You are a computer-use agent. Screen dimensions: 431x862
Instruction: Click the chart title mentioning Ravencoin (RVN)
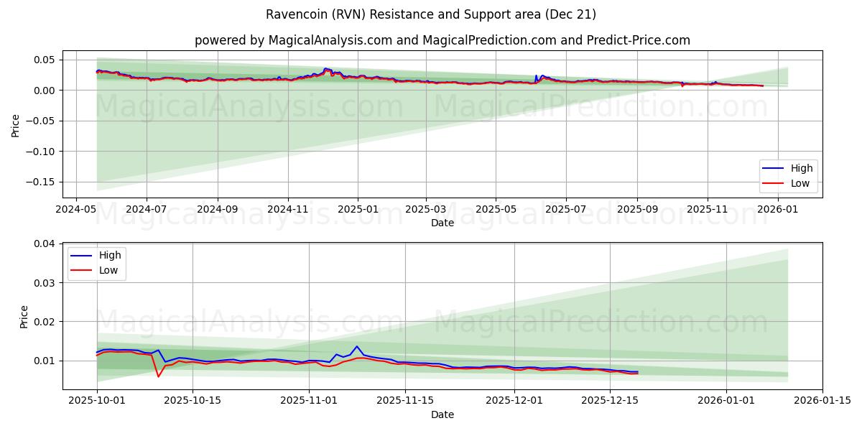tap(431, 14)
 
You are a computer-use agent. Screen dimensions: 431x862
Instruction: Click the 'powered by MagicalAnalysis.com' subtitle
tap(442, 40)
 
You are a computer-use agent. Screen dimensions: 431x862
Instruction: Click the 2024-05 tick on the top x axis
tap(76, 210)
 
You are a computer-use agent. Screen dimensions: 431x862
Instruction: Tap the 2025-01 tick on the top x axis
tap(358, 210)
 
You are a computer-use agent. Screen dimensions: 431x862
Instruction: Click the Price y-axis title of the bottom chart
tap(24, 317)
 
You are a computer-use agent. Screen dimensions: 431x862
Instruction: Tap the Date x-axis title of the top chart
tap(442, 223)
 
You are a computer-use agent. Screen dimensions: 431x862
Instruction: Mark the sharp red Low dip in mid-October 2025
tap(159, 376)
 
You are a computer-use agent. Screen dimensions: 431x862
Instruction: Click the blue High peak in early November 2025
tap(356, 346)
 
